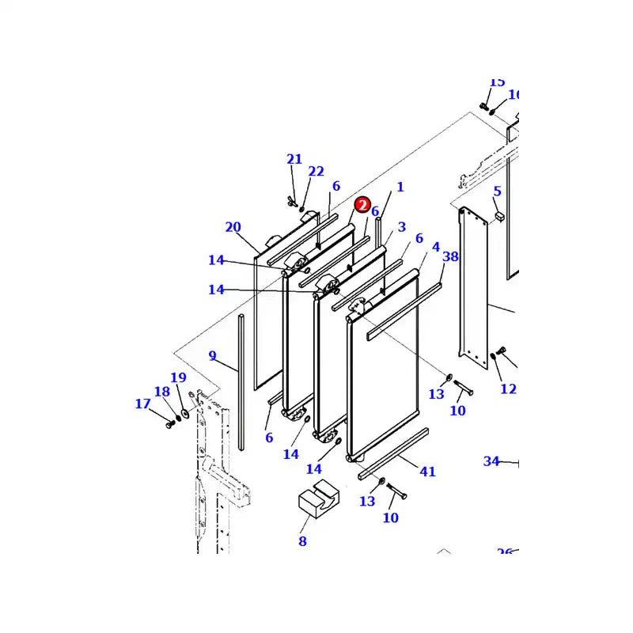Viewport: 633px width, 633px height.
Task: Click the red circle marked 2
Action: point(362,206)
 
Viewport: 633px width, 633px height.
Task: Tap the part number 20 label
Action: point(233,228)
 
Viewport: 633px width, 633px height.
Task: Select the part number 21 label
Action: point(294,160)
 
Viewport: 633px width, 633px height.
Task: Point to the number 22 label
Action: point(316,172)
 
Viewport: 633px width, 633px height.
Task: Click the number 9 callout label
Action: point(212,356)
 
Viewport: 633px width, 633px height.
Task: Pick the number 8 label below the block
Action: point(302,542)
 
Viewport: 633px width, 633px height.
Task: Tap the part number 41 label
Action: point(427,472)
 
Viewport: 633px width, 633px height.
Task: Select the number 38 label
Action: point(450,256)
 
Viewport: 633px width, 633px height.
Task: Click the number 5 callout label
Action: point(497,191)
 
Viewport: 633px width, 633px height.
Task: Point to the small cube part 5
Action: point(498,214)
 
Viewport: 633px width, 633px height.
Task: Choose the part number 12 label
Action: point(508,389)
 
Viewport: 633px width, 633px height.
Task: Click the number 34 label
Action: point(491,461)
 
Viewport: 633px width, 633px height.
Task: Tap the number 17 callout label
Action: point(142,404)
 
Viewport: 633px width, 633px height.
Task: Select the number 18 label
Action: point(161,392)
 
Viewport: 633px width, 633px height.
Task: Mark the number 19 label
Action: point(178,378)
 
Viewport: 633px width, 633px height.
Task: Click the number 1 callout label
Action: point(400,188)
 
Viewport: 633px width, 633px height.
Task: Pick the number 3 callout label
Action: point(401,227)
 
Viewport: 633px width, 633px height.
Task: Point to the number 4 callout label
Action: point(435,248)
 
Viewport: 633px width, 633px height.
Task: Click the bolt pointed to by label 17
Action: point(169,424)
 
